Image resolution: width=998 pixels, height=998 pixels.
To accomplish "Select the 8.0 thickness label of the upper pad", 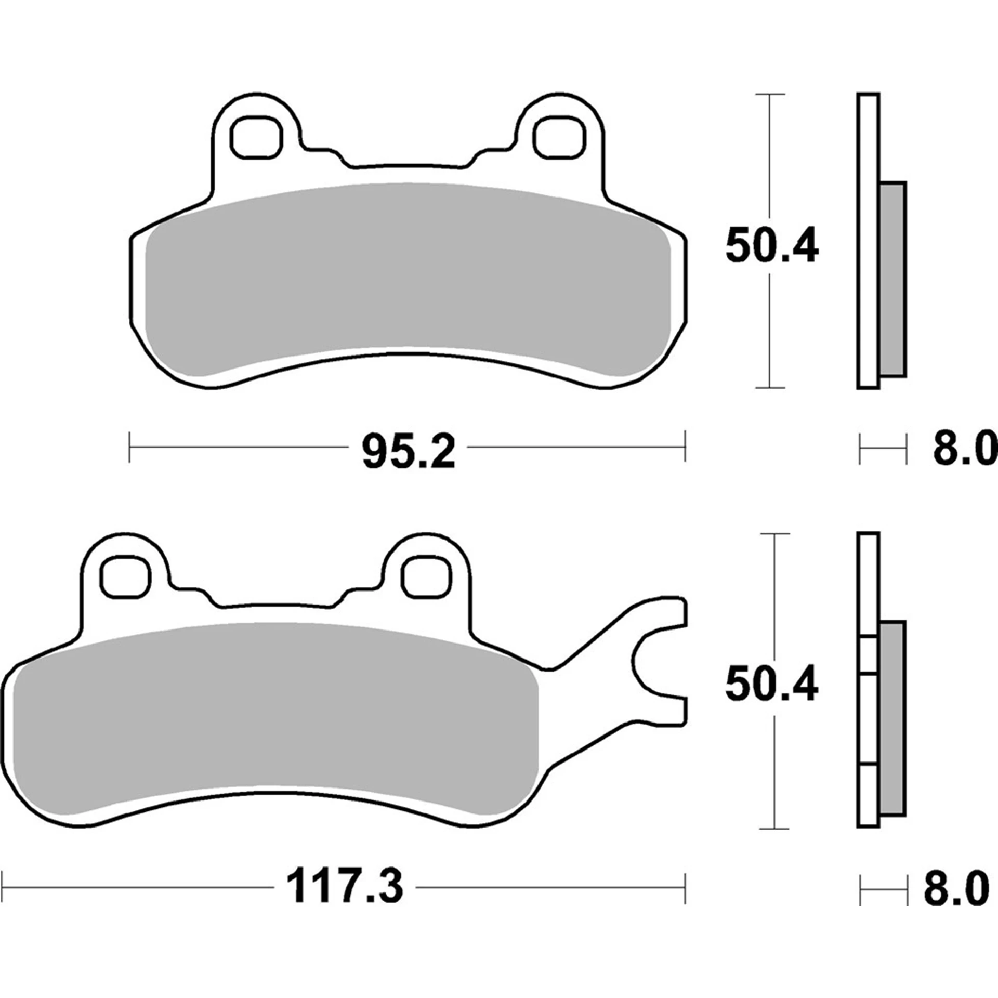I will [964, 450].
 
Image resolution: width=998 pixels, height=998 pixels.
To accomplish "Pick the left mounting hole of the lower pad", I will [126, 576].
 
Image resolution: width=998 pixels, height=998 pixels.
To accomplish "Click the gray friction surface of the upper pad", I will [408, 281].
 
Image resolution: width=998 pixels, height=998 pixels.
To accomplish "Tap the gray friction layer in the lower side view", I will [892, 717].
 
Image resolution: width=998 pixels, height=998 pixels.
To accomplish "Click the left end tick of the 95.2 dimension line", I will [129, 446].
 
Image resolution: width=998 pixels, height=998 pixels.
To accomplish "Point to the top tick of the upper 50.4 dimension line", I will [769, 95].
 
